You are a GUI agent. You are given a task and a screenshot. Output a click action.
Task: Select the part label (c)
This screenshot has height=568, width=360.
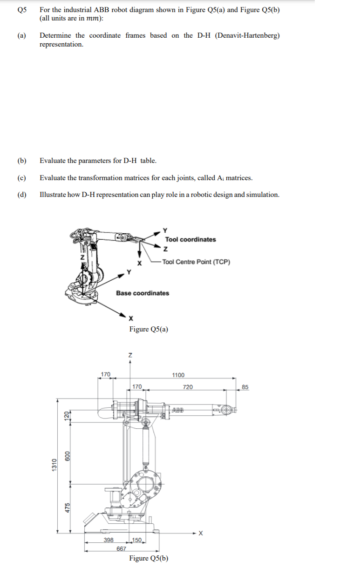point(21,178)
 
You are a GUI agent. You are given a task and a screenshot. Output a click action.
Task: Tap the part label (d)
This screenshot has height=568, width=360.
point(21,195)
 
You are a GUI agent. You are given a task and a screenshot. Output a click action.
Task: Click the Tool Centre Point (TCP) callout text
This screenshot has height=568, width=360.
point(197,262)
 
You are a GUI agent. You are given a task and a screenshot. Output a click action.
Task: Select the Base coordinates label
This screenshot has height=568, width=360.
point(143,293)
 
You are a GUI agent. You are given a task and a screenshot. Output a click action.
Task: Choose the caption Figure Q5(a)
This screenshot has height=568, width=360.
point(149,330)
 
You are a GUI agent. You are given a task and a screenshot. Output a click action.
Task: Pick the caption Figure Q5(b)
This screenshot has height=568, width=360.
point(149,558)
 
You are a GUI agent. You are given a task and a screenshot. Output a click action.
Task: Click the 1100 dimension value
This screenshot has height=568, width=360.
point(178,375)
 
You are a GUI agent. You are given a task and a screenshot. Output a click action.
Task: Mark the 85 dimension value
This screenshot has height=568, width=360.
point(245,387)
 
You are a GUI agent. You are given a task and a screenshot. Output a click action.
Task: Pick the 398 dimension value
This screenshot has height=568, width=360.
point(108,540)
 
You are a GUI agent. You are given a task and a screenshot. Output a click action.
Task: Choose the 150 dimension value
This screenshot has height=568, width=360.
point(137,540)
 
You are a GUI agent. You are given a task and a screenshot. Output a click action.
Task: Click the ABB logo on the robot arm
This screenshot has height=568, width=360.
point(178,410)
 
